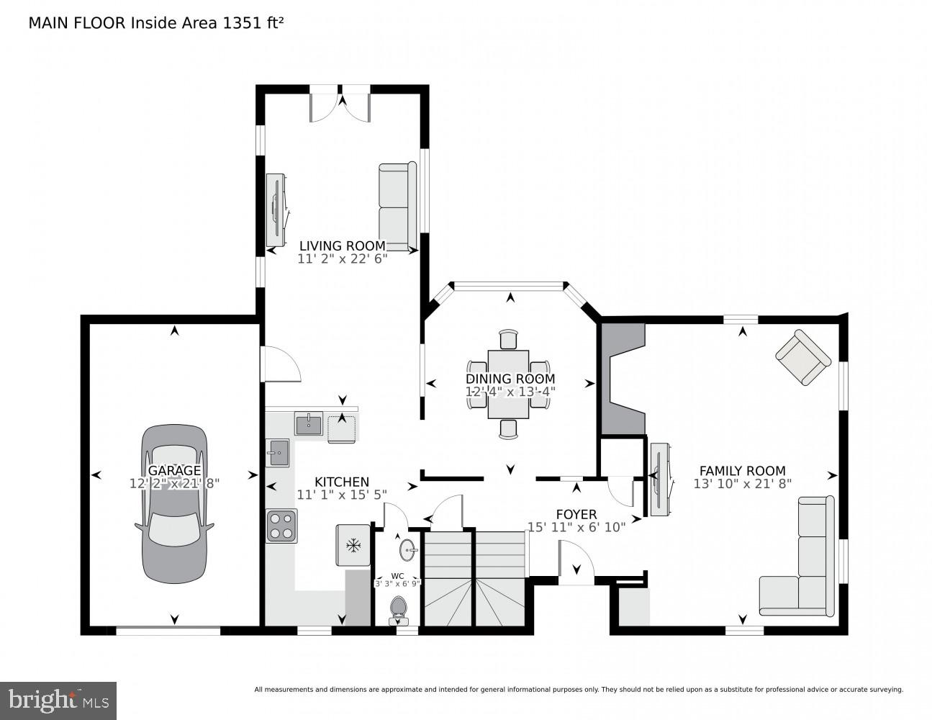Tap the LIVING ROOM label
pos(342,246)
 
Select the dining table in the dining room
pos(508,384)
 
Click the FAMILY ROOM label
pos(742,471)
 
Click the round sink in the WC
pos(408,551)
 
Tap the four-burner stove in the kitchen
pos(281,526)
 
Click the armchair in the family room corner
pos(802,357)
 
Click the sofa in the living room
pos(397,207)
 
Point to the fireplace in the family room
pos(623,379)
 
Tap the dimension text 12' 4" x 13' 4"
pos(510,392)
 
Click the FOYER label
pos(576,514)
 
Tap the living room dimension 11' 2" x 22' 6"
pos(342,258)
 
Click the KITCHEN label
pos(342,482)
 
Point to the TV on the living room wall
pos(276,210)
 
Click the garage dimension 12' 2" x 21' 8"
pos(174,484)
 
